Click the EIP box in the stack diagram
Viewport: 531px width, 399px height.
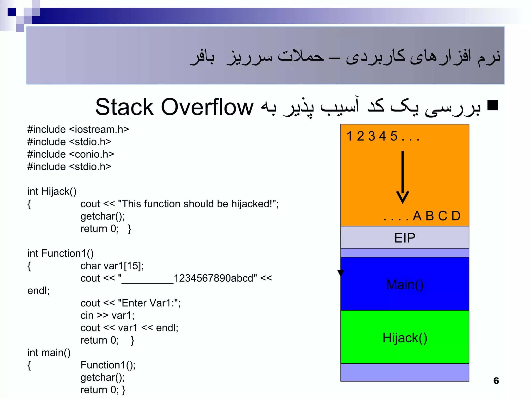(x=404, y=237)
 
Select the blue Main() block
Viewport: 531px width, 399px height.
(x=404, y=284)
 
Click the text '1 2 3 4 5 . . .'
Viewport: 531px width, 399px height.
(x=382, y=136)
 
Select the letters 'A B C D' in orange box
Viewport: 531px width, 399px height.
(x=436, y=216)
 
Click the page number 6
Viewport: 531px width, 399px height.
(x=496, y=381)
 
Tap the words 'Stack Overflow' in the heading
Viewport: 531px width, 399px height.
(x=174, y=107)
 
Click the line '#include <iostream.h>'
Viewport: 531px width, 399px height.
(x=78, y=129)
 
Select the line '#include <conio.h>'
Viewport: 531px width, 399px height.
(x=71, y=154)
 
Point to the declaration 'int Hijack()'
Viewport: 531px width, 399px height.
(x=52, y=191)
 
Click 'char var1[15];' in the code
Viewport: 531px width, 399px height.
(x=112, y=266)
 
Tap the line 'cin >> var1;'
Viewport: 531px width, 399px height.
(x=107, y=315)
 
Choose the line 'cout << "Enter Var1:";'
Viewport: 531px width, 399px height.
(x=130, y=303)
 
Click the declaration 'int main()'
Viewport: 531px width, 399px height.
(x=49, y=353)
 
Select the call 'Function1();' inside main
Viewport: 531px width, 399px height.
(x=108, y=365)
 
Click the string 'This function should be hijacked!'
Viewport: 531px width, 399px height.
(x=196, y=204)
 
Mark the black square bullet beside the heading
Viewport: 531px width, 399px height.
(x=493, y=105)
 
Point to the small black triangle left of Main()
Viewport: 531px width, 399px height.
(x=341, y=273)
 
